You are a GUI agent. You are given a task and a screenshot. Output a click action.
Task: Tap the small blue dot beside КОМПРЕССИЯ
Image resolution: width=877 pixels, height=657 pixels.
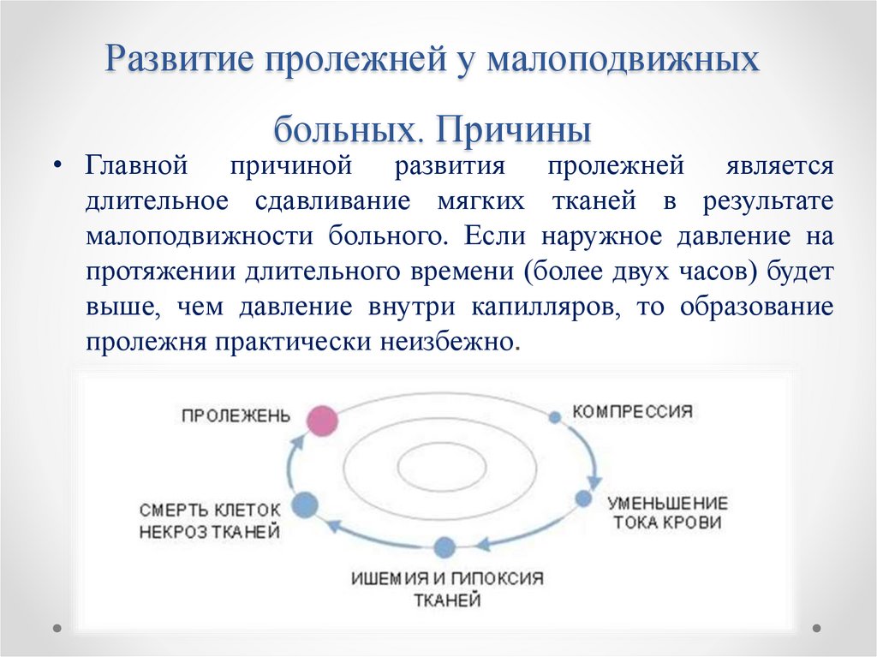(554, 417)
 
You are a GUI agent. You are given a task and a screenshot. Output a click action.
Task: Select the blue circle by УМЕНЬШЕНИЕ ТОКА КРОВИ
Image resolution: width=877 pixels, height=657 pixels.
(584, 499)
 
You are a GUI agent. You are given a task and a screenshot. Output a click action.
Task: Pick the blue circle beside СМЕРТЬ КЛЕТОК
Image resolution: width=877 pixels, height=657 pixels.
(305, 505)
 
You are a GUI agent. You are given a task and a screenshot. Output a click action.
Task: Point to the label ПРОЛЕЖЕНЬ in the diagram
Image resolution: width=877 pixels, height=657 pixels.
(236, 415)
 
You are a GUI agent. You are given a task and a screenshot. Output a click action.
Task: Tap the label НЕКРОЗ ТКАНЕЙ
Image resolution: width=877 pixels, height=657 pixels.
(210, 531)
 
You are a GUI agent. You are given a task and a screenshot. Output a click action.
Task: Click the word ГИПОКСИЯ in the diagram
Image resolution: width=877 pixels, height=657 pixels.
(504, 578)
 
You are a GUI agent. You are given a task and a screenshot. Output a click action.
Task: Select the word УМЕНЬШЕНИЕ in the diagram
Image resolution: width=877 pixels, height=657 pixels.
(667, 503)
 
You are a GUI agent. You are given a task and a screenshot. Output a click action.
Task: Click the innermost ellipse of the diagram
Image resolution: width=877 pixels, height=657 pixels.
(439, 468)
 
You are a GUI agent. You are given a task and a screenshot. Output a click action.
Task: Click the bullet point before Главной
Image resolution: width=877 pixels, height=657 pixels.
(57, 165)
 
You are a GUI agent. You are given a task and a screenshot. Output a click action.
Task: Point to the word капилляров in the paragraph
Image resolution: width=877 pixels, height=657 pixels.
(546, 308)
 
